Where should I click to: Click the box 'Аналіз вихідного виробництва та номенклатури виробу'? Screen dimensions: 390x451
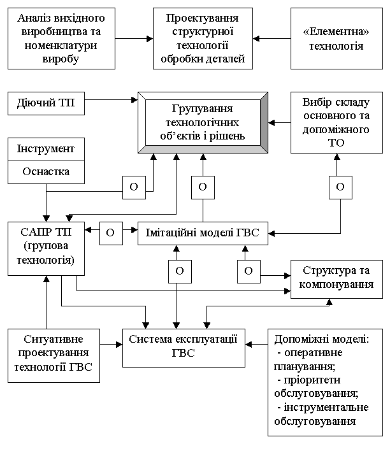tap(61, 39)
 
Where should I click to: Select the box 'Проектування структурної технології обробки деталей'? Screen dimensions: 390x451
tap(203, 39)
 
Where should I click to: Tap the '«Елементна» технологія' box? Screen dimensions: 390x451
tap(336, 39)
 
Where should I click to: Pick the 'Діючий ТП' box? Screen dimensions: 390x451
tap(46, 104)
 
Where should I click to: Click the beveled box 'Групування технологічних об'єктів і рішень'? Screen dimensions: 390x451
tap(203, 122)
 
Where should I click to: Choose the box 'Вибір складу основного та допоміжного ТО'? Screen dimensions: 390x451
tap(336, 122)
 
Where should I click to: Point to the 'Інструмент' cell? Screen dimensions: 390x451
tap(46, 149)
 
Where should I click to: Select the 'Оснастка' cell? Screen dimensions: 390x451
tap(46, 172)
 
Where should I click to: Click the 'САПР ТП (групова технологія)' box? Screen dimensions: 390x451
tap(46, 248)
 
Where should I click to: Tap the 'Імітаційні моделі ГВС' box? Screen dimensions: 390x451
tap(203, 233)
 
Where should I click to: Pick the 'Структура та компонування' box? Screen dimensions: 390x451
tap(336, 279)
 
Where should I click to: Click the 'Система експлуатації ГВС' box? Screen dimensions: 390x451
tap(184, 348)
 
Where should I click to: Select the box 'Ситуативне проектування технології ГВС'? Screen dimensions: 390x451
tap(54, 356)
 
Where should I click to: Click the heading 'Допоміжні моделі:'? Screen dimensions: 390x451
tap(322, 339)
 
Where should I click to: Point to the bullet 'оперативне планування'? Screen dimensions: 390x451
tap(308, 359)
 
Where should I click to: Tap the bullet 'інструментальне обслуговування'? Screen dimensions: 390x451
tap(321, 414)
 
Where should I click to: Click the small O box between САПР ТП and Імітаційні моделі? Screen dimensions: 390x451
tap(111, 233)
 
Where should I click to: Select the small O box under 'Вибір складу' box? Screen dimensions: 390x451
tap(340, 187)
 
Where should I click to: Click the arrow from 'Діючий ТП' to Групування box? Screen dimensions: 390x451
tap(111, 100)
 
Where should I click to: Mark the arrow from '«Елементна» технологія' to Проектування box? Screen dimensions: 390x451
tap(271, 39)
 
